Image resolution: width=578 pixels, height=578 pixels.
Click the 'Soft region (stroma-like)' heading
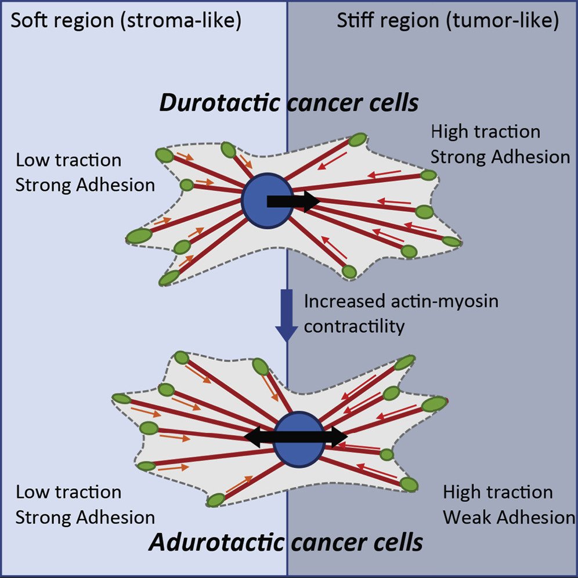[x=126, y=21]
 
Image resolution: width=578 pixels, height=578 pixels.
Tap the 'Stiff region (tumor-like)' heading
[x=448, y=21]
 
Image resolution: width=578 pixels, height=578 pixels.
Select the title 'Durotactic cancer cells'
[x=289, y=103]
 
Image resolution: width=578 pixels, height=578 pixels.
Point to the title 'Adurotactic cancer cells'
[x=286, y=542]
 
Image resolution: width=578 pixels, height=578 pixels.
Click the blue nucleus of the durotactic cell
[x=268, y=201]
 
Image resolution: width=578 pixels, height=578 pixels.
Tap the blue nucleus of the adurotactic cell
[x=299, y=439]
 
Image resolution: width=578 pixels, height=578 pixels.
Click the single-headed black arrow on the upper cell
[x=293, y=201]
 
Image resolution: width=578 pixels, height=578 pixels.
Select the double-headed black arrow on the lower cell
[x=295, y=437]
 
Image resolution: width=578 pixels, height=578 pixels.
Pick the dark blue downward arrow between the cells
[x=287, y=316]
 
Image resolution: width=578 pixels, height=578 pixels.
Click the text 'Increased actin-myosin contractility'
[x=401, y=314]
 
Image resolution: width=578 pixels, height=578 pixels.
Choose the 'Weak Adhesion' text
[x=509, y=518]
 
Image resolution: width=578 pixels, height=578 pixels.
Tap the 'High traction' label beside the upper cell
[x=486, y=132]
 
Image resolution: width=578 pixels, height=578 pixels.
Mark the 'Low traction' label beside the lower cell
[x=68, y=493]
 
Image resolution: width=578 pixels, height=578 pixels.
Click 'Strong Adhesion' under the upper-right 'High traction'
[x=500, y=157]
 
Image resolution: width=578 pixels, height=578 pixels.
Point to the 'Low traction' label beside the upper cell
[x=68, y=160]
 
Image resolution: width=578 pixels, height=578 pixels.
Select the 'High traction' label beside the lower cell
[x=498, y=493]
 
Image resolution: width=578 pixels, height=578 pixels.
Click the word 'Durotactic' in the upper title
[x=219, y=103]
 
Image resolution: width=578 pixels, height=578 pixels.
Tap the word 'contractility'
[x=354, y=326]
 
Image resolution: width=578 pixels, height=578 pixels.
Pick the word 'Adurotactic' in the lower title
[x=216, y=542]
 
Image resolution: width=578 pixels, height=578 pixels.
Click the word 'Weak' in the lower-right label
[x=467, y=518]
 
